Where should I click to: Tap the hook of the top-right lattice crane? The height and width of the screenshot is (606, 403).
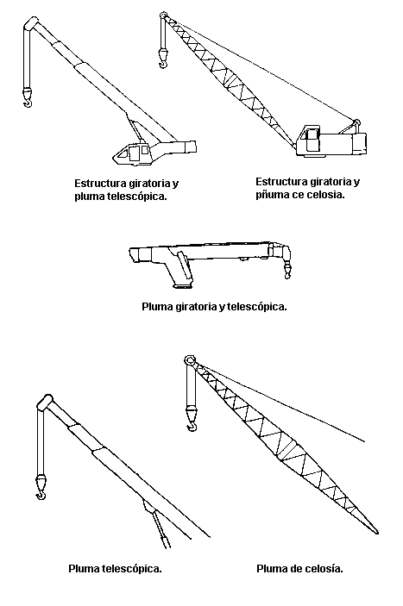[x=164, y=63]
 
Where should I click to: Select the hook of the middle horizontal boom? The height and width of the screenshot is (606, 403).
[x=287, y=275]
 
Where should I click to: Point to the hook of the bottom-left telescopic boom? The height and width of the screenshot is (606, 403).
[x=41, y=495]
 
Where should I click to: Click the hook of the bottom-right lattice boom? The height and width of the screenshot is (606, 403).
[x=192, y=427]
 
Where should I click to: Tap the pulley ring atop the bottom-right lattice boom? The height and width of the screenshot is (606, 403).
[x=190, y=360]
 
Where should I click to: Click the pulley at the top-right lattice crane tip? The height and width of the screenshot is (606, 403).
[x=163, y=15]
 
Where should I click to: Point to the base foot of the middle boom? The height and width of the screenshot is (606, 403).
[x=182, y=285]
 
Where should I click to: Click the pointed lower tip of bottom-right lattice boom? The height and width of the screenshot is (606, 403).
[x=377, y=533]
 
